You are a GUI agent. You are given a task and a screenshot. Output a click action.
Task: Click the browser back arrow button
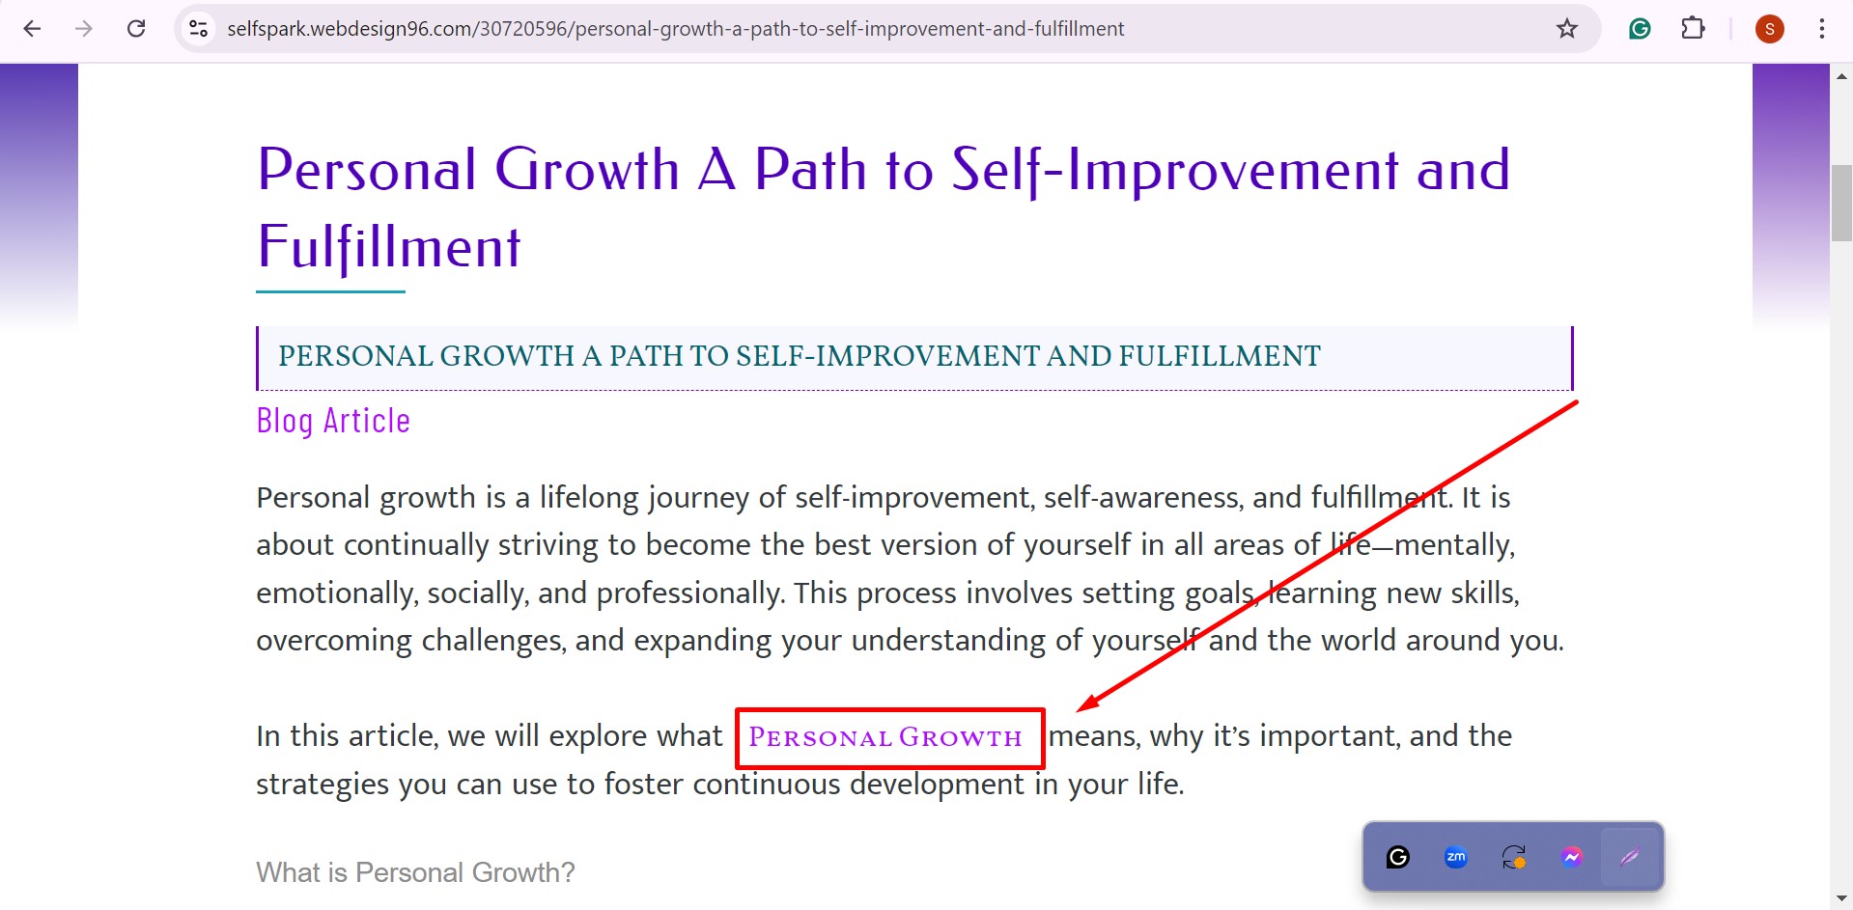[32, 29]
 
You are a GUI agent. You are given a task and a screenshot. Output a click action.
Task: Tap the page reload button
[136, 29]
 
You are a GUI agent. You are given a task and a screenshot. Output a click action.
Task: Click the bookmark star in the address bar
[1566, 29]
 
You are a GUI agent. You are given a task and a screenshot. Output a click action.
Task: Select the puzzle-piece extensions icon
[1693, 29]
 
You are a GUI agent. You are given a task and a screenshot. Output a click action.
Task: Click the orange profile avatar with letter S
[1769, 29]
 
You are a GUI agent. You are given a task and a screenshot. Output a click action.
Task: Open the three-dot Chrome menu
[1821, 29]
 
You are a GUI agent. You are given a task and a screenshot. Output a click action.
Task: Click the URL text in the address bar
[675, 29]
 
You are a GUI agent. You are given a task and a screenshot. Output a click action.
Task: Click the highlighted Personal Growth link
[885, 738]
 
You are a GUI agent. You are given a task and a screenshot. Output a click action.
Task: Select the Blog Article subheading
[333, 421]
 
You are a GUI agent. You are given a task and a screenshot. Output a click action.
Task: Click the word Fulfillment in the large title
[389, 248]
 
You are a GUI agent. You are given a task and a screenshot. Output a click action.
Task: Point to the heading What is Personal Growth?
[415, 872]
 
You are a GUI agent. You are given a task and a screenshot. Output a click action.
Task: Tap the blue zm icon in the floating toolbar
[1455, 857]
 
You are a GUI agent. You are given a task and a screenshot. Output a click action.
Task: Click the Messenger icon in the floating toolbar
[1571, 857]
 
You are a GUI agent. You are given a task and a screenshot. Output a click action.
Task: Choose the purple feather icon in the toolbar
[1630, 857]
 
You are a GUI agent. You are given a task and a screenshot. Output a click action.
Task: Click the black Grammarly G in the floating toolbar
[1397, 857]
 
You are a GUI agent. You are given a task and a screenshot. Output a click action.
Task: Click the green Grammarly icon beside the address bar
[1639, 29]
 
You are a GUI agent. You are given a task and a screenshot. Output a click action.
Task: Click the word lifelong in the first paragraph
[589, 498]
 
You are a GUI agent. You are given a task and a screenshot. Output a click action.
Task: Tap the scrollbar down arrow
[1841, 899]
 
